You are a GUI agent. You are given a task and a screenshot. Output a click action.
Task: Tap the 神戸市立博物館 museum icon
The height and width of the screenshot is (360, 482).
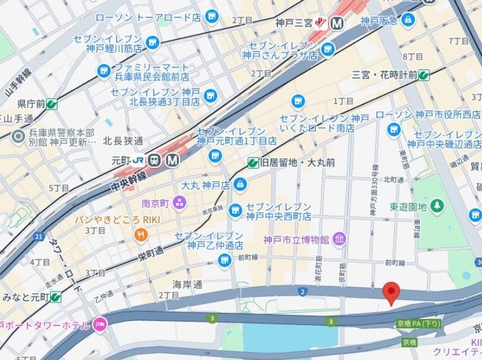point(340,238)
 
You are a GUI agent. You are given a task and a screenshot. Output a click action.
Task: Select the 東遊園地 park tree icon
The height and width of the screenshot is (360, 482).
point(437,207)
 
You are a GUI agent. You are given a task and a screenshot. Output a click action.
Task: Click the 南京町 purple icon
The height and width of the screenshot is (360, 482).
point(180,202)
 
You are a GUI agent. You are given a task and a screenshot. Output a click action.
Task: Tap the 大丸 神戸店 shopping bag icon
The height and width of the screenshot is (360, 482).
point(240,184)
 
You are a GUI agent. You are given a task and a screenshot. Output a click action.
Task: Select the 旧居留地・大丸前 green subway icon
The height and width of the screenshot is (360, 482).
point(252,163)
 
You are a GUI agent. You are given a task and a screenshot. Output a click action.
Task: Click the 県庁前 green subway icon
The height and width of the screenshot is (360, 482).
point(52,104)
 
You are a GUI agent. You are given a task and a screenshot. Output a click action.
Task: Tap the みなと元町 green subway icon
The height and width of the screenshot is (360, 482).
point(56,297)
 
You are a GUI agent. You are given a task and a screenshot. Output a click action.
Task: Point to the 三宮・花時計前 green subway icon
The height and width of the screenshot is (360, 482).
point(424,75)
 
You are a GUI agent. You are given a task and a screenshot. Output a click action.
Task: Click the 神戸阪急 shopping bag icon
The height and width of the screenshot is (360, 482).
point(408,21)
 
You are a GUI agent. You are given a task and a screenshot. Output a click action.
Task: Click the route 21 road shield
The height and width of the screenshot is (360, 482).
point(39,236)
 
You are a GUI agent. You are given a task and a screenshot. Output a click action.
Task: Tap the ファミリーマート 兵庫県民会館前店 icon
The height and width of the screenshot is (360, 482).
point(104,72)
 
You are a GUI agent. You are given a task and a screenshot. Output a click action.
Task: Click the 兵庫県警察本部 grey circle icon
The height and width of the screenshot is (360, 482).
point(18,137)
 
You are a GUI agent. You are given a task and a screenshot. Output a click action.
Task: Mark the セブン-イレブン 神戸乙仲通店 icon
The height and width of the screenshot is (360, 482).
point(225,260)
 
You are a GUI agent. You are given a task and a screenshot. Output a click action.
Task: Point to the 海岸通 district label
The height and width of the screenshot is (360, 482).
point(187,284)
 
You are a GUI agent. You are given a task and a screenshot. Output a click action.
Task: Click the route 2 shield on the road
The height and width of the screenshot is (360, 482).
point(302,292)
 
